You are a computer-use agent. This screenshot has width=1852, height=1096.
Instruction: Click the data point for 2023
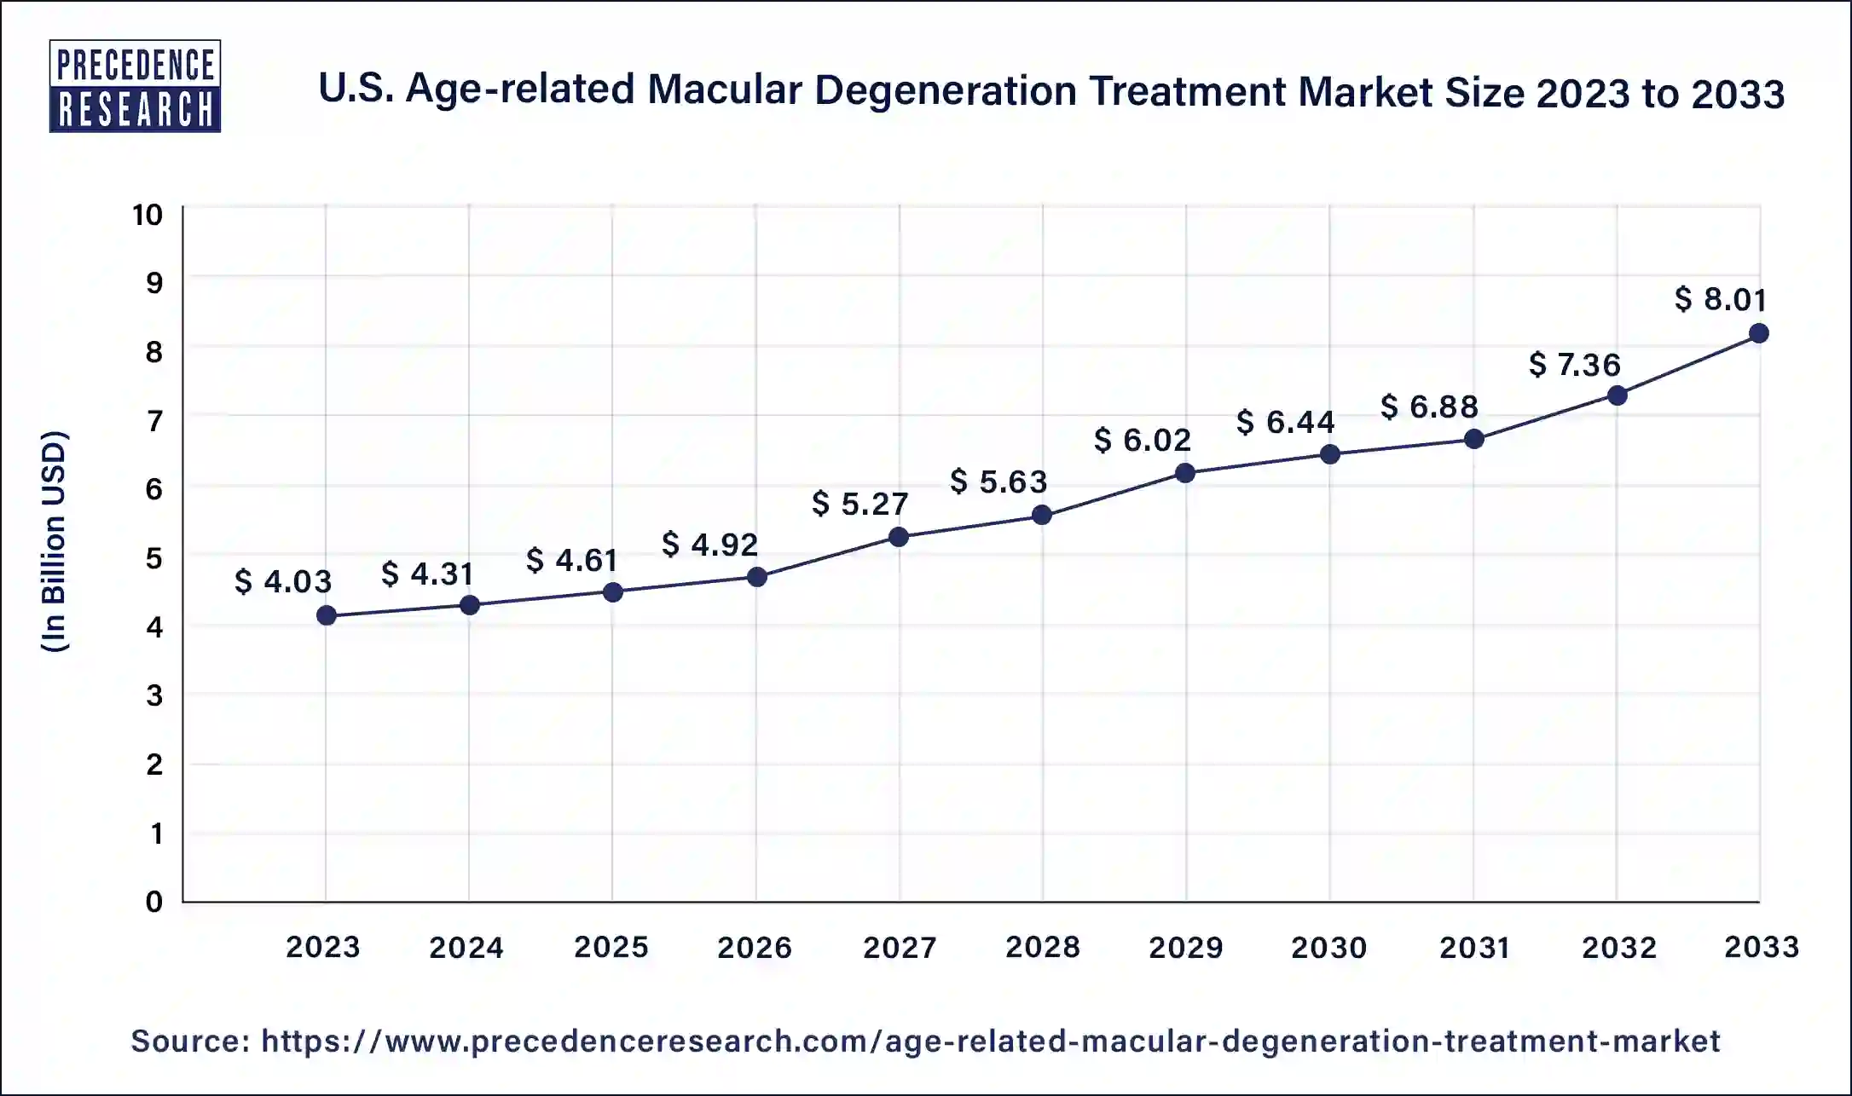tap(326, 615)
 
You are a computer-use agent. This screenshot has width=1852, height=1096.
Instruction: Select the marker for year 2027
tap(898, 537)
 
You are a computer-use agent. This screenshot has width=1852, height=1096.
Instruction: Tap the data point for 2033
tap(1758, 333)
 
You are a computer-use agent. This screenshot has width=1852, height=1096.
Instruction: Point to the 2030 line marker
tap(1329, 454)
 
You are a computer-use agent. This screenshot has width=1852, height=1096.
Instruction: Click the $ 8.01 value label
tap(1720, 299)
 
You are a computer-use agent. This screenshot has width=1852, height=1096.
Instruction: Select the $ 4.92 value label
tap(709, 545)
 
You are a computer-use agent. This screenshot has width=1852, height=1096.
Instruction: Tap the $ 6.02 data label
tap(1142, 441)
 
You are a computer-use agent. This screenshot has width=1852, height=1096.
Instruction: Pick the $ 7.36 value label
tap(1574, 365)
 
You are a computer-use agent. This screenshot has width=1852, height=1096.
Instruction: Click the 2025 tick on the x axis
tap(611, 947)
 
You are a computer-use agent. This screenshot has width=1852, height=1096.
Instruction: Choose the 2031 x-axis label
tap(1474, 947)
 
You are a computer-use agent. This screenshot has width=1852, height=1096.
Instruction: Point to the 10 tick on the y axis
tap(147, 215)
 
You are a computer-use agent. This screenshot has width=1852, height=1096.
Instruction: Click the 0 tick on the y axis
tap(154, 902)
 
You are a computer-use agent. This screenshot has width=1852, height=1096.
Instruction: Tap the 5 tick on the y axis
tap(154, 558)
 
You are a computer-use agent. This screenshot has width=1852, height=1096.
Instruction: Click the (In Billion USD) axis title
tap(55, 542)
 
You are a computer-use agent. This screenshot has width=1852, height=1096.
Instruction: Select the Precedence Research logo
tap(135, 86)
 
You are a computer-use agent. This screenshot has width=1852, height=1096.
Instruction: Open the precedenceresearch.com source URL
tap(990, 1041)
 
